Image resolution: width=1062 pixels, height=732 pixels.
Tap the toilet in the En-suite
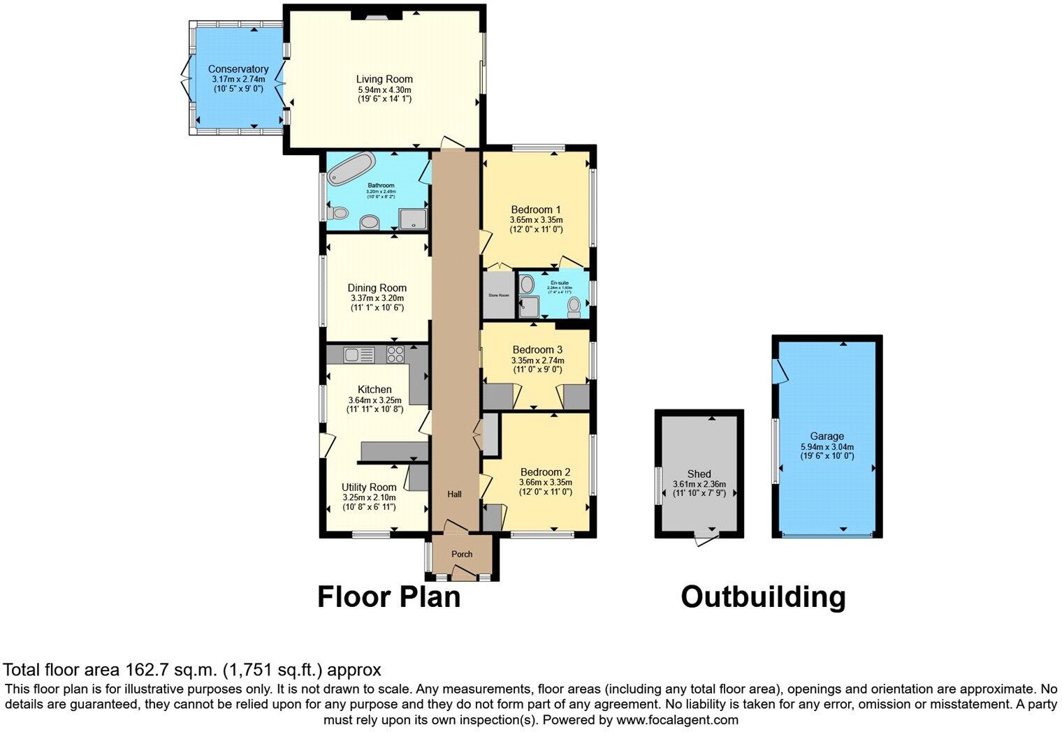574,306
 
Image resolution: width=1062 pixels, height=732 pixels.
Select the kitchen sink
359,355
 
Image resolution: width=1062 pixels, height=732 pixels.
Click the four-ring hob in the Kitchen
395,355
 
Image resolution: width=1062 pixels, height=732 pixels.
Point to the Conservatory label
238,69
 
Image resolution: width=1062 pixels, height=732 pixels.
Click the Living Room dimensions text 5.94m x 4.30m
384,89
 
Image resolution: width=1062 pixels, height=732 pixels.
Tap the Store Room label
499,295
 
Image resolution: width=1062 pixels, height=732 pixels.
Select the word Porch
462,554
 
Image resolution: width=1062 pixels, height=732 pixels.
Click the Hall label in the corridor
455,495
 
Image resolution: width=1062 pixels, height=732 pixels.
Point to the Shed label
699,474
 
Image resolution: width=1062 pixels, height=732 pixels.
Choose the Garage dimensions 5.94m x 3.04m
827,447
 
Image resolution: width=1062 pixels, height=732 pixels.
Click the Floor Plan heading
389,597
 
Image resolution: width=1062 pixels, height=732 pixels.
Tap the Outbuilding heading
763,597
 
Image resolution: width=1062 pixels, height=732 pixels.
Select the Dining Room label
377,288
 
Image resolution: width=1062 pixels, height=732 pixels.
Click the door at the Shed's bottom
706,539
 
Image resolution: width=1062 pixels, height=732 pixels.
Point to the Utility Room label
369,487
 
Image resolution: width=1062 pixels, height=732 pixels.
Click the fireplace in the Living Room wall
371,13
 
